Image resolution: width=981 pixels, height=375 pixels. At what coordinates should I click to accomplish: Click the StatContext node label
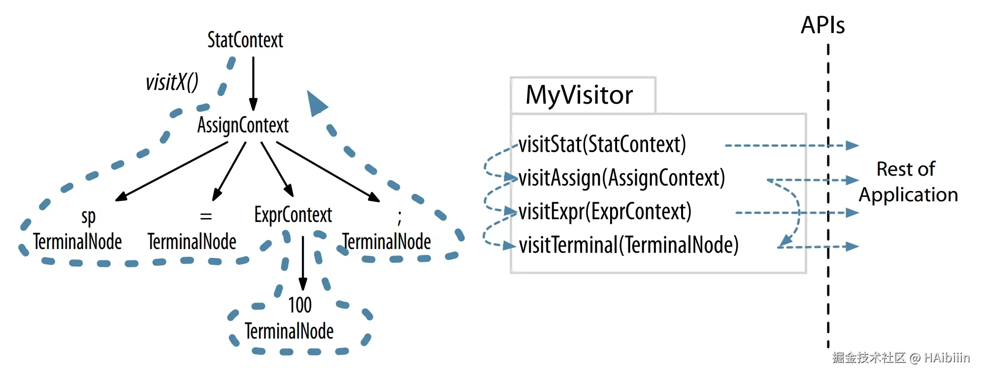pos(245,40)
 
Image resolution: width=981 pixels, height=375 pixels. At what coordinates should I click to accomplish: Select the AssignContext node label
pos(243,125)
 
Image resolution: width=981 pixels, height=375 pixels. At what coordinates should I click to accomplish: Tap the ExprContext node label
pos(293,215)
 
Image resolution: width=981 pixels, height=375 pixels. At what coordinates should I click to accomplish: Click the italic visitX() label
pos(171,82)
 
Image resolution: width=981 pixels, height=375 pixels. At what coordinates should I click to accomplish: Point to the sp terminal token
pos(89,217)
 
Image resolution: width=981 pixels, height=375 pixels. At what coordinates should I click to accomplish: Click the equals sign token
pos(206,216)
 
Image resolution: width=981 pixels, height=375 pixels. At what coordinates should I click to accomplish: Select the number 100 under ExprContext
pos(300,305)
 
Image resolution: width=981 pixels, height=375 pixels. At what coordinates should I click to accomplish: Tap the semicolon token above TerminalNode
pos(399,217)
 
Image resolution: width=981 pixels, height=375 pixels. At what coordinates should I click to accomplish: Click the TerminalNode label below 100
pos(289,331)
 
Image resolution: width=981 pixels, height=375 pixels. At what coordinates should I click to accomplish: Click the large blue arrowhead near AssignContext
pos(316,103)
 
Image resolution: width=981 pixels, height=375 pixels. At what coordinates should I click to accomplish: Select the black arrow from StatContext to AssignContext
pos(253,84)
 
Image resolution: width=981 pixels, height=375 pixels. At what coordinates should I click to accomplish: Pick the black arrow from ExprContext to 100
pos(303,263)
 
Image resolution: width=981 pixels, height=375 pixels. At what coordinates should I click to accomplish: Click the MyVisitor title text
pos(579,95)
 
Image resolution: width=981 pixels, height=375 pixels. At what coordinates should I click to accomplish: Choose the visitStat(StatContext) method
pos(602,145)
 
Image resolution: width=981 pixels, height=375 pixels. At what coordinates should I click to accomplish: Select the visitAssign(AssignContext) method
pos(621,178)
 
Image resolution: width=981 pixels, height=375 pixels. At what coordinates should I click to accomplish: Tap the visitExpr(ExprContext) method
pos(605,212)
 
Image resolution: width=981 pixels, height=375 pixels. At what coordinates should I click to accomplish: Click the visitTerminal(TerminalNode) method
pos(628,245)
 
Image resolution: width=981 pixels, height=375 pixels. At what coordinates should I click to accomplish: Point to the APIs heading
pos(822,25)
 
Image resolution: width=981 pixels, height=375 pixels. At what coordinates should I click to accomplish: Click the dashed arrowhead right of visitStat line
pos(852,145)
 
